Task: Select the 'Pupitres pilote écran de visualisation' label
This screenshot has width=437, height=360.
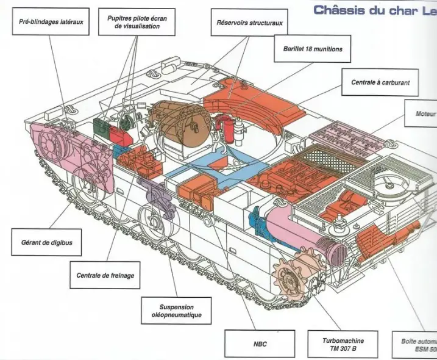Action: pos(137,23)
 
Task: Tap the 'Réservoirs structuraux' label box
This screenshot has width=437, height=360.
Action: pos(249,23)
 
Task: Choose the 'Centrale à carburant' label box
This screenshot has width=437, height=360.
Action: pos(380,81)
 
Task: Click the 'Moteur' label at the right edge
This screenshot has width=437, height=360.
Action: pos(424,113)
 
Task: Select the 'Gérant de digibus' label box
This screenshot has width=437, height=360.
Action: pos(46,242)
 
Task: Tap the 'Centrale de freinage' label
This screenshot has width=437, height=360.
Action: pos(105,275)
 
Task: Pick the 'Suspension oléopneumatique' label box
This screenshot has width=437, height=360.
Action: pos(176,311)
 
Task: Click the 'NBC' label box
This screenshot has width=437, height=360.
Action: pos(259,344)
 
